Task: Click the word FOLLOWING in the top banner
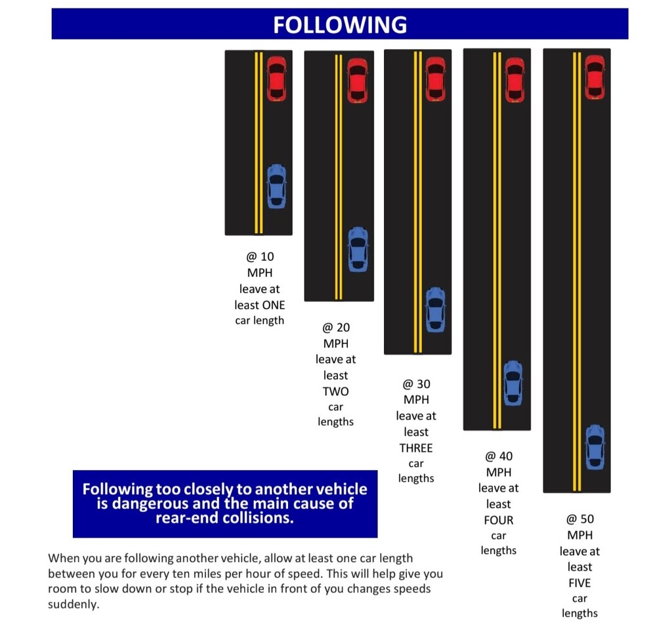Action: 340,24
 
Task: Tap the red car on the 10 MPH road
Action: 276,79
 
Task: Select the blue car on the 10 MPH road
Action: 276,186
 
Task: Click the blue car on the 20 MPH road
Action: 358,249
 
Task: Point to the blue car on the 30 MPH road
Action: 436,310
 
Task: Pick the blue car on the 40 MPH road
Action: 513,383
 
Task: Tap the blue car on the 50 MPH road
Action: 595,447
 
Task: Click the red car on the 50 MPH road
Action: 595,77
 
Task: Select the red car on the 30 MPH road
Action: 436,79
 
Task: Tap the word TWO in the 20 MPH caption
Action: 335,391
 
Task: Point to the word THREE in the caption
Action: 416,448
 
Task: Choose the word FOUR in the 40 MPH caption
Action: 499,520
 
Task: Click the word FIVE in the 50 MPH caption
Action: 579,583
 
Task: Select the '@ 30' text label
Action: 416,383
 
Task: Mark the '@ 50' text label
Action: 580,519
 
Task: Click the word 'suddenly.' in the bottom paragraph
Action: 73,605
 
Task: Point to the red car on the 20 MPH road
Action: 358,81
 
